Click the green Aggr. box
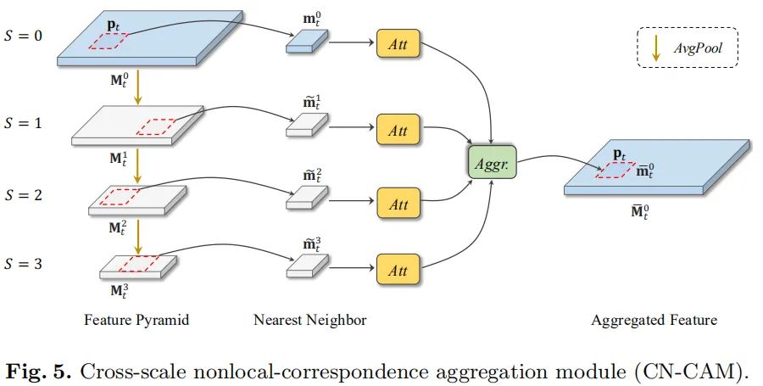pyautogui.click(x=493, y=161)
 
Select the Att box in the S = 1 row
pyautogui.click(x=398, y=131)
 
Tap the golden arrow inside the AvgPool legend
pyautogui.click(x=656, y=48)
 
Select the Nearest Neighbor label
pyautogui.click(x=309, y=320)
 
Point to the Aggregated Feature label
pyautogui.click(x=654, y=320)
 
